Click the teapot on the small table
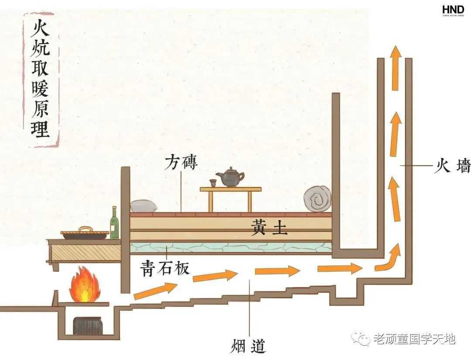coord(230,177)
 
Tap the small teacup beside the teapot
coord(212,183)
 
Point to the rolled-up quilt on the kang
coord(317,200)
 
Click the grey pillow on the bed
coord(144,207)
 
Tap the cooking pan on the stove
coord(85,234)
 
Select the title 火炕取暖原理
coord(40,78)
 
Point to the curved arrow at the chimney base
coord(389,258)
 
